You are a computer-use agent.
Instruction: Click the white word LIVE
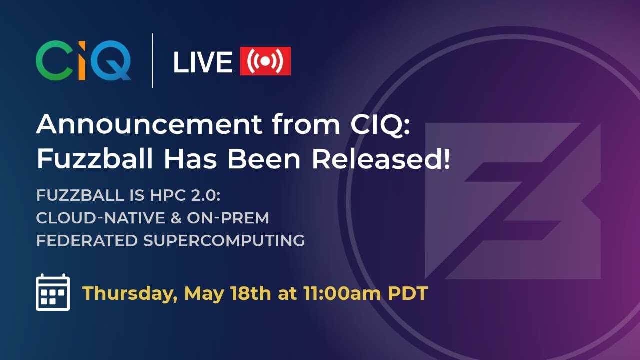[202, 62]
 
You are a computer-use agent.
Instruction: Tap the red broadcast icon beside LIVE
[265, 61]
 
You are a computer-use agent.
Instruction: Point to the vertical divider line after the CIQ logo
[152, 60]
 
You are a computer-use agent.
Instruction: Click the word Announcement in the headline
[149, 124]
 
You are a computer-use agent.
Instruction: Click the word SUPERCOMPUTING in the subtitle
[224, 240]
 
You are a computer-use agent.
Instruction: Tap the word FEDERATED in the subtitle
[87, 240]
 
